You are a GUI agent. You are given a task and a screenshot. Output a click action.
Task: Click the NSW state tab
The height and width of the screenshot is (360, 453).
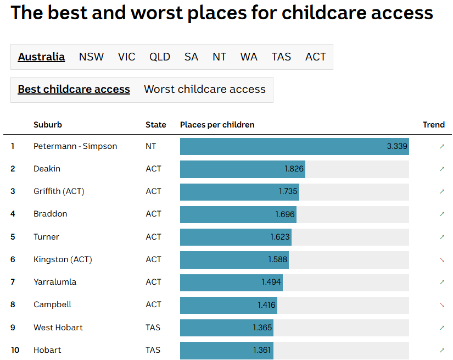point(91,57)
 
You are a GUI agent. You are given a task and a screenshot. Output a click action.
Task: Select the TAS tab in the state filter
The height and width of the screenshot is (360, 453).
point(281,57)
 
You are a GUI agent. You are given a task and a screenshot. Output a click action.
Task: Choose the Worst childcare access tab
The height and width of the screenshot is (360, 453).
point(204,90)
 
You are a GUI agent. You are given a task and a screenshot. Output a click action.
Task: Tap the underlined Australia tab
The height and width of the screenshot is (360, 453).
point(41,57)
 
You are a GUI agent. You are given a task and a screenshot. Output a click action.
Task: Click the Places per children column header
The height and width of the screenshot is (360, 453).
point(217,125)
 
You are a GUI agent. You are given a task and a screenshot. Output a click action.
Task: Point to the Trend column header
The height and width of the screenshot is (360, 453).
point(433,125)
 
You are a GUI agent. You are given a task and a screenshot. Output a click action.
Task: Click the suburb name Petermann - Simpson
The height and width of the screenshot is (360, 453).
point(75,147)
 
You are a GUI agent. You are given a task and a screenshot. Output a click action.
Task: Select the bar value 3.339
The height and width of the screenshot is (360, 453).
point(396,147)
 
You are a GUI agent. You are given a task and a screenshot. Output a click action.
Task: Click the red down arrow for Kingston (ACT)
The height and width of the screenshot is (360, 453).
point(442,259)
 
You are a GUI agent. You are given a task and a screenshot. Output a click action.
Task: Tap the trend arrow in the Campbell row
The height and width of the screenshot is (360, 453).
point(442,305)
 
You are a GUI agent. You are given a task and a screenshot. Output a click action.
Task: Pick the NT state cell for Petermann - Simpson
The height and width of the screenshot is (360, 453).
point(151,147)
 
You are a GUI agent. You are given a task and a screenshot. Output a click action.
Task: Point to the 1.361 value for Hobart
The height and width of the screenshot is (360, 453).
point(262,350)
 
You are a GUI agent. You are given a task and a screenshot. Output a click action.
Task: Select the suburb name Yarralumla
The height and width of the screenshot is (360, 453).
point(55,282)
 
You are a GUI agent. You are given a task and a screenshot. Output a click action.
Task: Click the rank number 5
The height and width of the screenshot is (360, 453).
point(13,237)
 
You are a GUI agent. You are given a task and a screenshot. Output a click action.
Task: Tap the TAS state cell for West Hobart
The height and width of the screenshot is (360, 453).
point(153,328)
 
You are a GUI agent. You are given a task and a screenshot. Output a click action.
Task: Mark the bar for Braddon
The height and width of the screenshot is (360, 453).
point(238,214)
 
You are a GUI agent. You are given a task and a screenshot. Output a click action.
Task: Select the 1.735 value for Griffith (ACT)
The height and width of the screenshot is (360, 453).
point(288,192)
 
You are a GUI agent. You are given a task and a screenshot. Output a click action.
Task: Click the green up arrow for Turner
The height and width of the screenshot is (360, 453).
point(442,237)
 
